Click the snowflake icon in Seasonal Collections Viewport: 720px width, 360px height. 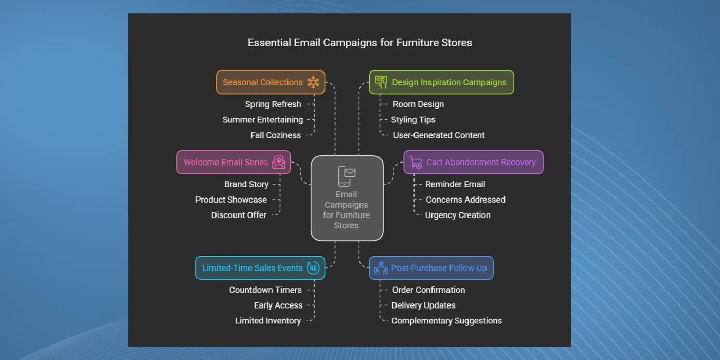coord(313,82)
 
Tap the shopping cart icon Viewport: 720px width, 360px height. coord(416,162)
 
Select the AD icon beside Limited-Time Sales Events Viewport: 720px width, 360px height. coord(313,268)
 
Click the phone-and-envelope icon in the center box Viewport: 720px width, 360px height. coord(347,176)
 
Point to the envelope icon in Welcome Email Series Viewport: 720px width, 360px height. coord(279,163)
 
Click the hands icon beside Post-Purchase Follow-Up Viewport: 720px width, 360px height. coord(381,268)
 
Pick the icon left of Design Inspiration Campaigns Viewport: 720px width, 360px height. coord(381,82)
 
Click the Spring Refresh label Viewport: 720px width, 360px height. coord(273,104)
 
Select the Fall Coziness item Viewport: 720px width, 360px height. coord(276,135)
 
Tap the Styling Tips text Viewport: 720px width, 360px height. coord(413,119)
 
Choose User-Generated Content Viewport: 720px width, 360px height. coord(439,135)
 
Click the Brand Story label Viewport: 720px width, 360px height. coord(246,184)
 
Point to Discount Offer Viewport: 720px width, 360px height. coord(239,215)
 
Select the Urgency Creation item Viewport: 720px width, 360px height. coord(458,215)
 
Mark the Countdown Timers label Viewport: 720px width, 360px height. coord(265,290)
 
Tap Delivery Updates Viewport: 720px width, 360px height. coord(423,305)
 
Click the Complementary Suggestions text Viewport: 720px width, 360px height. coord(446,321)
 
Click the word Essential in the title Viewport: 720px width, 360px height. coord(269,42)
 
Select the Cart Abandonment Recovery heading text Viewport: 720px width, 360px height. coord(481,163)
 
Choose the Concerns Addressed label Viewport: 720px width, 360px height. coord(465,200)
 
